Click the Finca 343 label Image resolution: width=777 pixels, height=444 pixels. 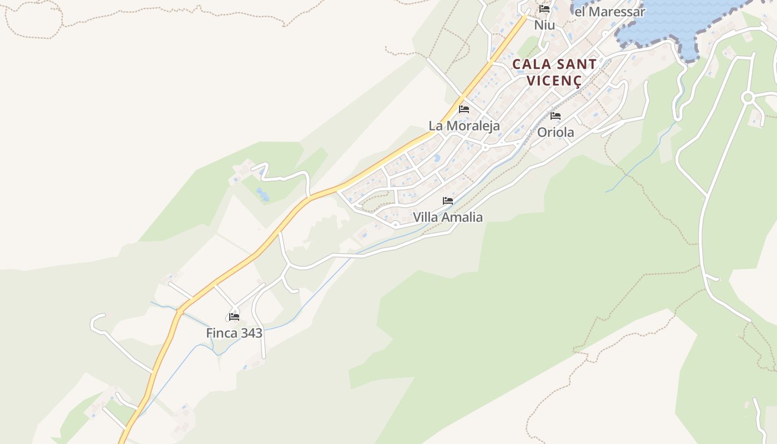pyautogui.click(x=234, y=333)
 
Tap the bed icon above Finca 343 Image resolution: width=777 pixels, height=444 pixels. pyautogui.click(x=234, y=317)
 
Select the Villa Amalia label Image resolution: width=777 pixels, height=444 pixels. pyautogui.click(x=447, y=217)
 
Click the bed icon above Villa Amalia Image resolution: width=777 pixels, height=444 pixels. pyautogui.click(x=448, y=201)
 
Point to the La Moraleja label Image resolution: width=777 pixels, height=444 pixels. pyautogui.click(x=464, y=125)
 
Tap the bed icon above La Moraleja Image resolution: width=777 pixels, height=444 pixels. pyautogui.click(x=464, y=109)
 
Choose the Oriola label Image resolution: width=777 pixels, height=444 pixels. pyautogui.click(x=556, y=133)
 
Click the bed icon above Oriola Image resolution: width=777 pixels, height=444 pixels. pyautogui.click(x=556, y=116)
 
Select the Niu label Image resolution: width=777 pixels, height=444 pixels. pyautogui.click(x=544, y=26)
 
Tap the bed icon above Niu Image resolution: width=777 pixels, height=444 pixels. pyautogui.click(x=544, y=9)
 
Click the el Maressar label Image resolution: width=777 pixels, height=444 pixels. pyautogui.click(x=609, y=12)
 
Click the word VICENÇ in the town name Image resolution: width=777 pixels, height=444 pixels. pyautogui.click(x=554, y=80)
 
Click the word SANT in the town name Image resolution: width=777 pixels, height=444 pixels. pyautogui.click(x=575, y=64)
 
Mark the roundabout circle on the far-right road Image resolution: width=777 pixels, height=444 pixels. pyautogui.click(x=748, y=98)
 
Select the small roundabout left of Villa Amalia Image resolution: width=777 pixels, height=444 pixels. pyautogui.click(x=395, y=225)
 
